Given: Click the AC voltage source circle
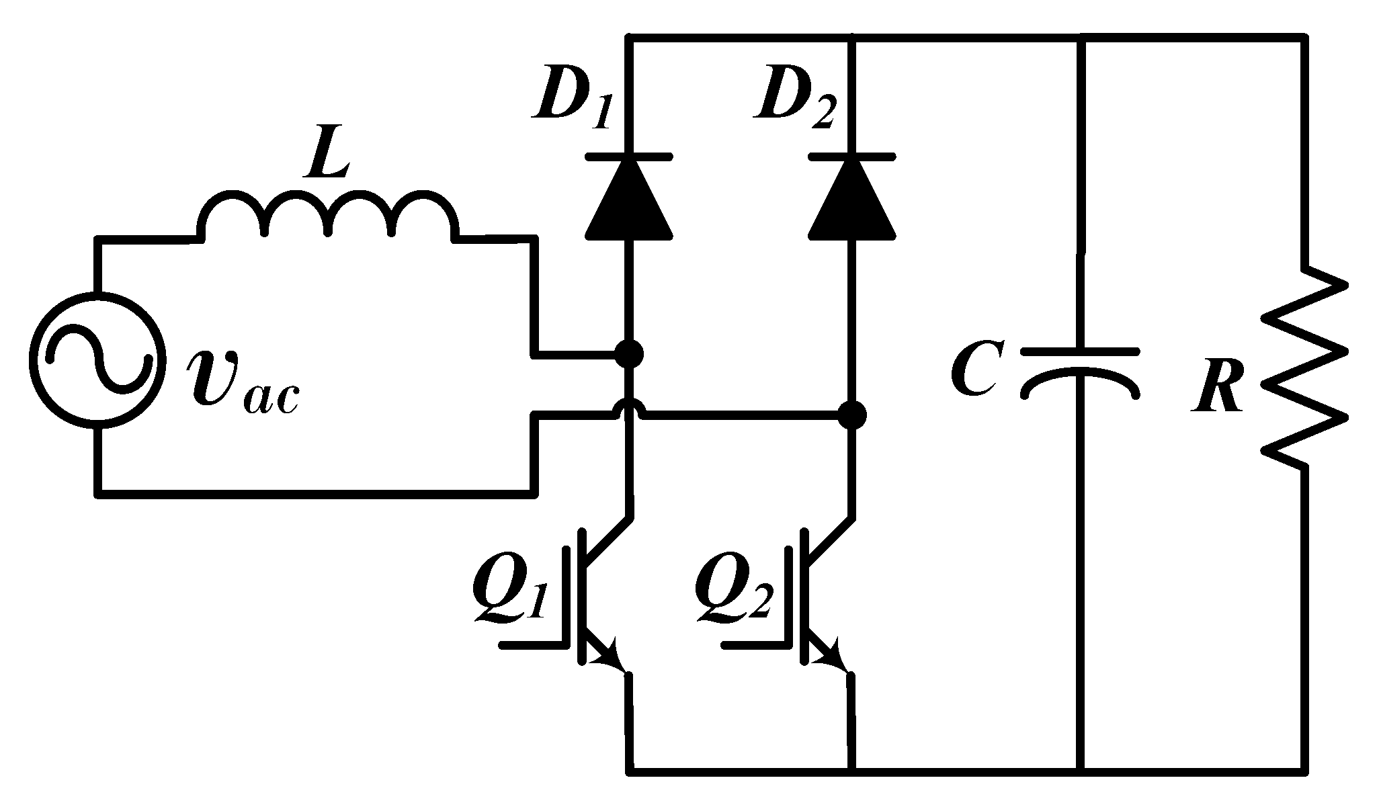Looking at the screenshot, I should pyautogui.click(x=98, y=359).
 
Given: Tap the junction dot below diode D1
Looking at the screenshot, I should pyautogui.click(x=630, y=353).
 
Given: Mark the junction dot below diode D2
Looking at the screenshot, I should pyautogui.click(x=852, y=415).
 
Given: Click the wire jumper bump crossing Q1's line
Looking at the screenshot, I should pyautogui.click(x=630, y=409).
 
